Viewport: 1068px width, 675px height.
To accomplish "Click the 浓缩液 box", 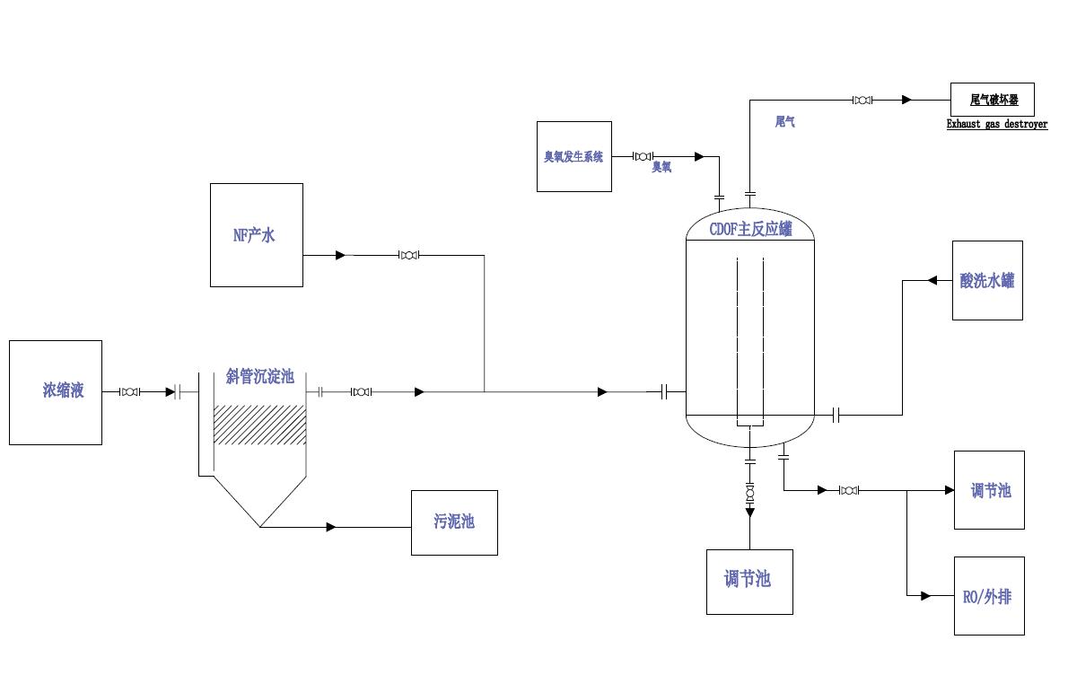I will tap(55, 391).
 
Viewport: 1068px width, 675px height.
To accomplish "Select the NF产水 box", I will tap(256, 235).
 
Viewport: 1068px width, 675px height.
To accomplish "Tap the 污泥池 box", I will tap(454, 522).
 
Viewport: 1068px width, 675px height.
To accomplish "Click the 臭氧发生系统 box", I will tap(573, 156).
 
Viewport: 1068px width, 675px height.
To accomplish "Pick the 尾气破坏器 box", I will tap(992, 100).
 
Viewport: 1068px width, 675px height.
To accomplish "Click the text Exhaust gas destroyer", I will tap(996, 125).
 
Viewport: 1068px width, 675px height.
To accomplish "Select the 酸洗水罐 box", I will tap(987, 280).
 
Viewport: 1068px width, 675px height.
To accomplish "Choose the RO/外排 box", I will tap(987, 596).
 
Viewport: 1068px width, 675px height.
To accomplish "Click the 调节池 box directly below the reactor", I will tap(748, 581).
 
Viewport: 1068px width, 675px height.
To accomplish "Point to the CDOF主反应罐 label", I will tap(750, 230).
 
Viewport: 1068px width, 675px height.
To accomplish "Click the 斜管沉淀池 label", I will tap(259, 377).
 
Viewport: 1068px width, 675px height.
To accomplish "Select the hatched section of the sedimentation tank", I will tap(259, 425).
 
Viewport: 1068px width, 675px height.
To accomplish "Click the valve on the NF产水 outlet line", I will tap(409, 256).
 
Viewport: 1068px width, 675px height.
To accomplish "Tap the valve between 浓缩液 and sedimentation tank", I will tap(130, 392).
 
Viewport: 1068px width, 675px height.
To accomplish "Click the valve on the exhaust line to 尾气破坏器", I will tap(862, 100).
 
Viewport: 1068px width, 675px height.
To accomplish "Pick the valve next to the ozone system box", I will tap(643, 156).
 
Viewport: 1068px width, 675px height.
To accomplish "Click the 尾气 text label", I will tap(784, 121).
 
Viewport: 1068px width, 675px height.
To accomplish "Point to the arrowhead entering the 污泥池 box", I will tap(331, 527).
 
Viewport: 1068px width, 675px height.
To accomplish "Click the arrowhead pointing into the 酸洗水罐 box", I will tap(932, 280).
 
